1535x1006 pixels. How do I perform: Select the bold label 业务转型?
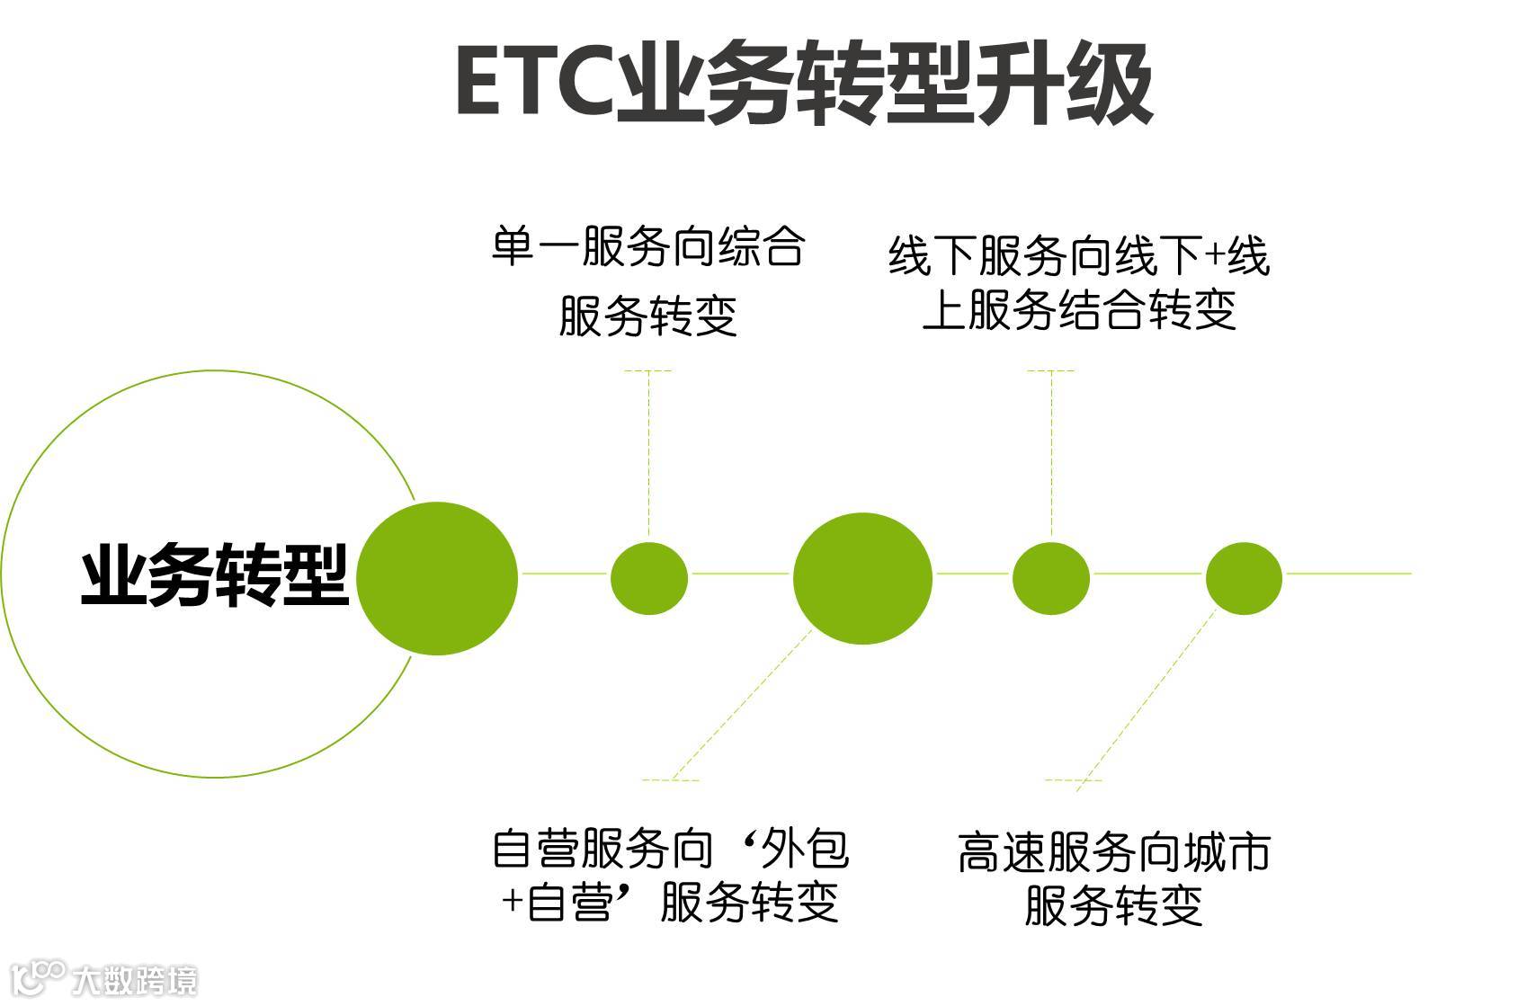(x=215, y=575)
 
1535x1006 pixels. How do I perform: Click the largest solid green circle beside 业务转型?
(x=437, y=578)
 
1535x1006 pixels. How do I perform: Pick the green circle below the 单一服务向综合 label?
(x=649, y=578)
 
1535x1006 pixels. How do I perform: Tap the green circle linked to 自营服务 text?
(x=862, y=578)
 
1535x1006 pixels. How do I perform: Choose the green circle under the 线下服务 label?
(x=1051, y=578)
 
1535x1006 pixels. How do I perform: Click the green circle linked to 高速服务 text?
(x=1244, y=578)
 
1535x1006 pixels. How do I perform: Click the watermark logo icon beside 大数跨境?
(x=41, y=978)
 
